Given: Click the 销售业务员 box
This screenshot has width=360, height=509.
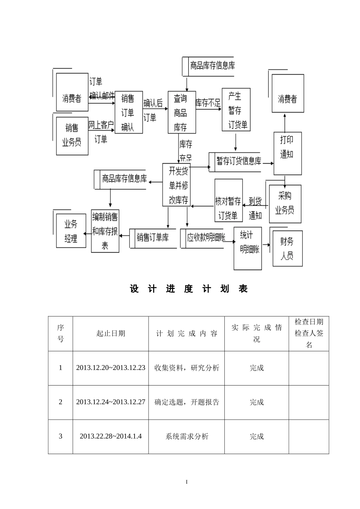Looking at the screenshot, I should coord(72,136).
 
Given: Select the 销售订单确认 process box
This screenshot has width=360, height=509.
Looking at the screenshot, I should coord(128,112).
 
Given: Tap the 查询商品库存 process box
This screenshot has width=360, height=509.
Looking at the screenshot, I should coord(182,112).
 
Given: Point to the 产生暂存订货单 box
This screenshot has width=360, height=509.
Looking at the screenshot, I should coord(236,110).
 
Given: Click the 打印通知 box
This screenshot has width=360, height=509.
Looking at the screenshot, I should coord(288,153).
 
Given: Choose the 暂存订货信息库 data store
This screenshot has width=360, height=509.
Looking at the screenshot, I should coord(238,162).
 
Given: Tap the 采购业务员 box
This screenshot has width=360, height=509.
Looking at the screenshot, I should coord(285,204).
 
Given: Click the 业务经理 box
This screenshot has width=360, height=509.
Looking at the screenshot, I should coord(71,231).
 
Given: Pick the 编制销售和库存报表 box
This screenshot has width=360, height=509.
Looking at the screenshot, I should coord(105,230).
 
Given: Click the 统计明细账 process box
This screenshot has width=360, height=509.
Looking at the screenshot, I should coord(247,248).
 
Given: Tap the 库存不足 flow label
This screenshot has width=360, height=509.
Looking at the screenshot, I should coord(208,103).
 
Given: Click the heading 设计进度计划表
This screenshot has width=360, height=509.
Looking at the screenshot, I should coord(188,289).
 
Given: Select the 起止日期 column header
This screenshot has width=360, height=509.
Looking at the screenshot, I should coord(111,333).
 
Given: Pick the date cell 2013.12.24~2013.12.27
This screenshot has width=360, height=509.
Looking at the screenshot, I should coord(111,402).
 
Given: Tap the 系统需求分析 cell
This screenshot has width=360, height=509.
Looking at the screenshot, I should coord(187,436).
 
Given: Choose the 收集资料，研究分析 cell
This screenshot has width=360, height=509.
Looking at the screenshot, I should coord(187,368).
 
